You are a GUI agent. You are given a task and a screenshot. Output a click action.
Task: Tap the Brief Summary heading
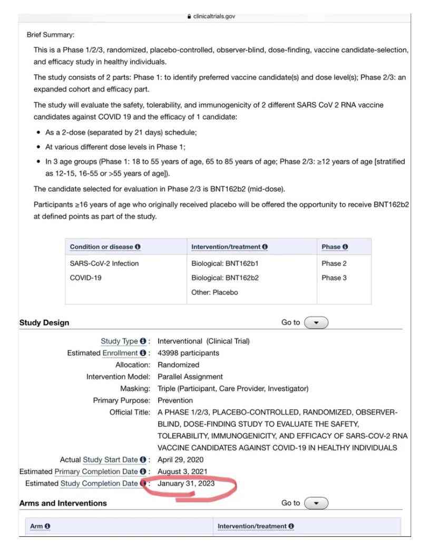coord(51,35)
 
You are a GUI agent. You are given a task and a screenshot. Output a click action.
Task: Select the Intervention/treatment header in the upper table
coord(229,247)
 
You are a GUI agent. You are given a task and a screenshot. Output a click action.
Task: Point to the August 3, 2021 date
coord(182,472)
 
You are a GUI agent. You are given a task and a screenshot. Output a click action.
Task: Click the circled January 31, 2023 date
coord(186,483)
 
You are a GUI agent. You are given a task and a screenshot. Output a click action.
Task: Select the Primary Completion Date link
coord(103,472)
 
